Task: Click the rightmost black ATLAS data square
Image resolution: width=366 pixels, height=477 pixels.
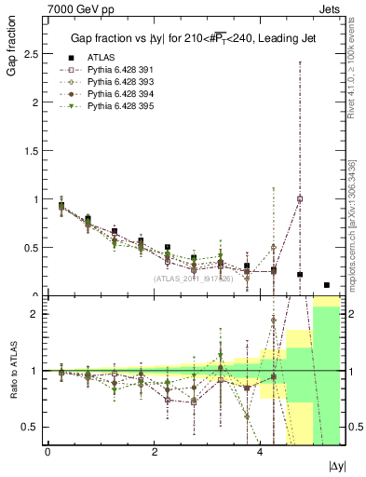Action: coord(327,285)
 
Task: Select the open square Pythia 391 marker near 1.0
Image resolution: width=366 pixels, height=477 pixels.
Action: coord(300,198)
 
